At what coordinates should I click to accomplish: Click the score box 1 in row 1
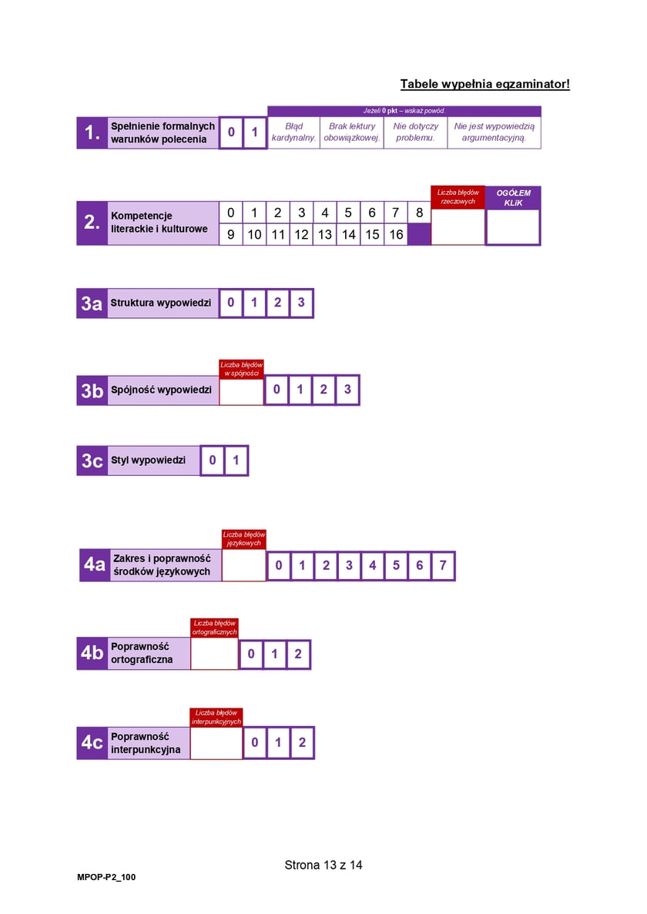[x=255, y=132]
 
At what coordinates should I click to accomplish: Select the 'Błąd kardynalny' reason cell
[x=293, y=132]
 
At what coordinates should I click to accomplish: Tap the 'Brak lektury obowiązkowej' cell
[x=352, y=132]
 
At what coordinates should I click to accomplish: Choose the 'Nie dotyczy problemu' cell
[x=416, y=132]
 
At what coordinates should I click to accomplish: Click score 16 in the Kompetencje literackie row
[x=397, y=234]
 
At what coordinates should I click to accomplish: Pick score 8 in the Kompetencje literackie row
[x=419, y=213]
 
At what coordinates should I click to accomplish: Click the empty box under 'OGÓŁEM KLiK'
[x=513, y=226]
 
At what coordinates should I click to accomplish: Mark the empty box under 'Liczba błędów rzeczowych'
[x=458, y=226]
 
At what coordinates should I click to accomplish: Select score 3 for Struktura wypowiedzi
[x=301, y=303]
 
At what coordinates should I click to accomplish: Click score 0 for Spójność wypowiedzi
[x=277, y=390]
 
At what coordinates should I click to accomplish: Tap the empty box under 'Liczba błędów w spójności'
[x=241, y=391]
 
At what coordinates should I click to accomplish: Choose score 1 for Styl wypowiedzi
[x=236, y=460]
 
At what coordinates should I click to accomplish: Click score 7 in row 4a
[x=443, y=565]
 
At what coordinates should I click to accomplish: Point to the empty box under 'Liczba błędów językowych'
[x=244, y=565]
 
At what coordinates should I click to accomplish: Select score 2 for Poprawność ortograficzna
[x=298, y=654]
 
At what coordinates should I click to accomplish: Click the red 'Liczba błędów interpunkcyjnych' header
[x=216, y=717]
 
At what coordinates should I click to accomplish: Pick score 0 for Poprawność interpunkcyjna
[x=255, y=742]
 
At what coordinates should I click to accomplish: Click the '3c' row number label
[x=92, y=460]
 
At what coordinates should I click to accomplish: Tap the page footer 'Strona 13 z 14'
[x=323, y=865]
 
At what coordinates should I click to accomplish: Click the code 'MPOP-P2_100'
[x=106, y=877]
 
